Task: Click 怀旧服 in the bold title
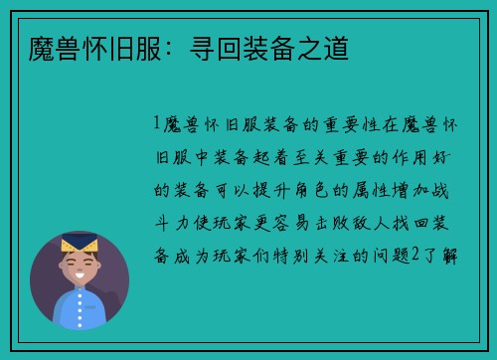[x=106, y=46]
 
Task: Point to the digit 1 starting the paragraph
[x=157, y=124]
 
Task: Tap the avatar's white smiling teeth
[x=80, y=274]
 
